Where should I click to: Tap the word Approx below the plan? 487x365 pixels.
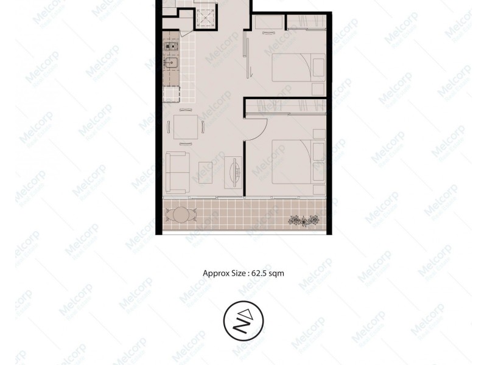pyautogui.click(x=215, y=274)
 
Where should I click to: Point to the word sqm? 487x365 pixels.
pyautogui.click(x=276, y=274)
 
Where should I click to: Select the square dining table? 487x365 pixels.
pyautogui.click(x=185, y=127)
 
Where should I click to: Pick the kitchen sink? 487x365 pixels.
pyautogui.click(x=170, y=63)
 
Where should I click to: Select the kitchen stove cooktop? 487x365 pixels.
pyautogui.click(x=170, y=46)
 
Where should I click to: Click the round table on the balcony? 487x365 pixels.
pyautogui.click(x=181, y=214)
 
